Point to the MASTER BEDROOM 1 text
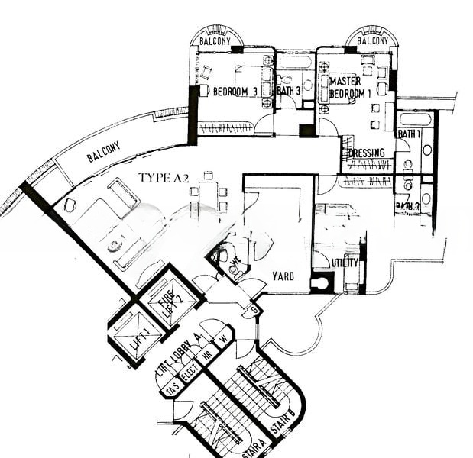350,87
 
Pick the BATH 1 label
408,134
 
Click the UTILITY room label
345,263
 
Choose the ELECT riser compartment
190,372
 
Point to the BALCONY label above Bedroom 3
215,40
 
